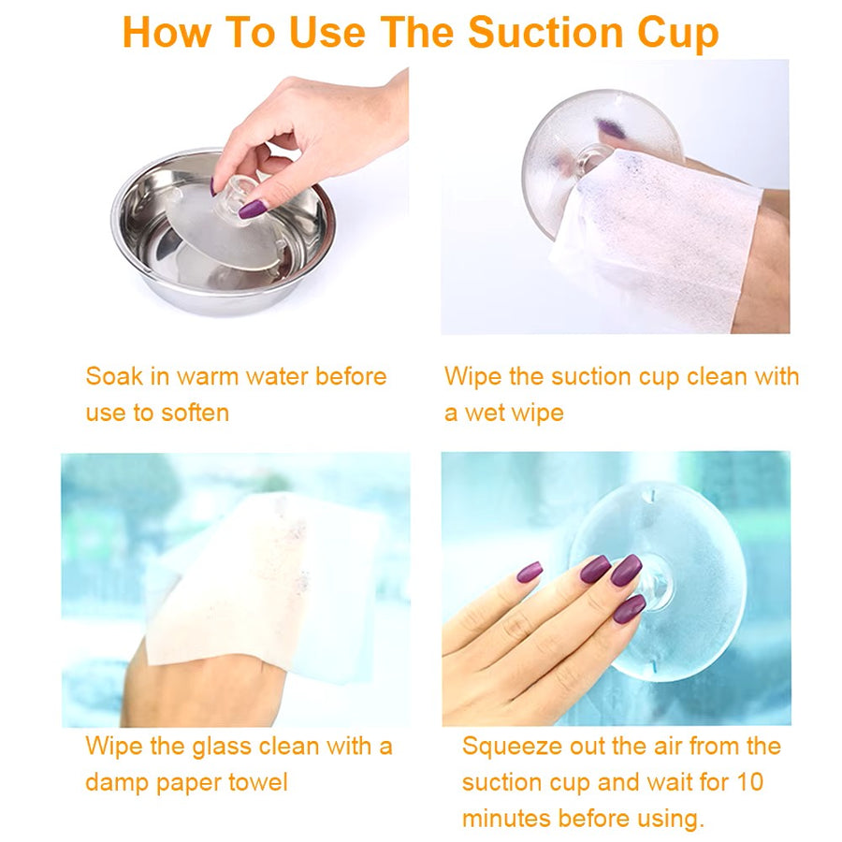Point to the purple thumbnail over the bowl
(x=253, y=209)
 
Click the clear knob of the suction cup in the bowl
(x=235, y=195)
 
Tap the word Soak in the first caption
(x=114, y=376)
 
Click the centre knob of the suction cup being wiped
(x=592, y=159)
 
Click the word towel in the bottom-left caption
(x=258, y=782)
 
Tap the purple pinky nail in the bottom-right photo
(x=530, y=572)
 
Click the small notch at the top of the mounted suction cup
(x=652, y=492)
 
